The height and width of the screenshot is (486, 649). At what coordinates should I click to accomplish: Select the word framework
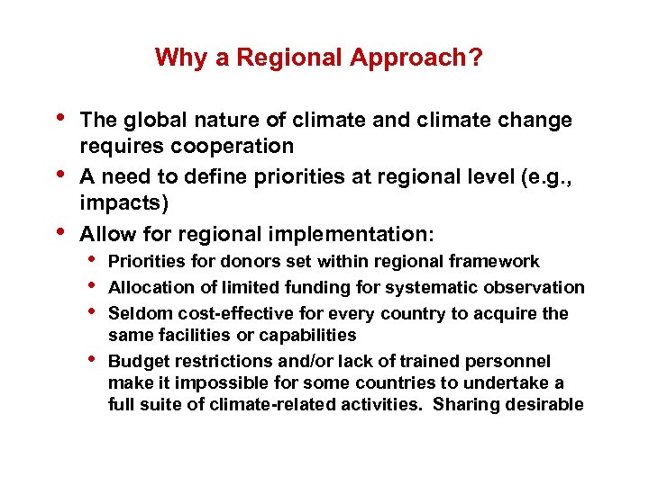499,262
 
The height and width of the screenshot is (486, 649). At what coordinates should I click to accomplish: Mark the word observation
541,288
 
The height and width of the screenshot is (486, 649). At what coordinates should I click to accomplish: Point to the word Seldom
136,314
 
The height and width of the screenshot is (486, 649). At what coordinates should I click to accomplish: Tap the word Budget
135,362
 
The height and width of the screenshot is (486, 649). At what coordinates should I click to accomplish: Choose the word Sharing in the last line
464,405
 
